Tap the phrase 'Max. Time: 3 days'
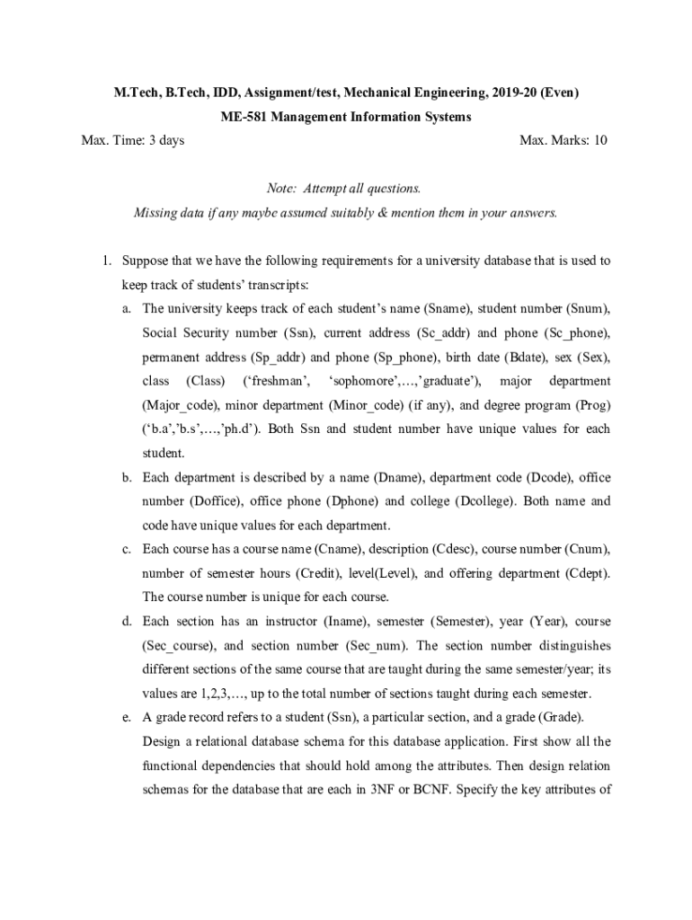(x=133, y=140)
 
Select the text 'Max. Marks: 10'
(x=563, y=140)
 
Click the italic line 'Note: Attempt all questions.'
(x=344, y=189)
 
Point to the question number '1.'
(x=105, y=261)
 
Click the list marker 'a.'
(x=129, y=309)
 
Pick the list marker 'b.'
(x=129, y=477)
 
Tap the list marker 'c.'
(x=129, y=549)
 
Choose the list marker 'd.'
(x=129, y=621)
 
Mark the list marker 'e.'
(x=129, y=717)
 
